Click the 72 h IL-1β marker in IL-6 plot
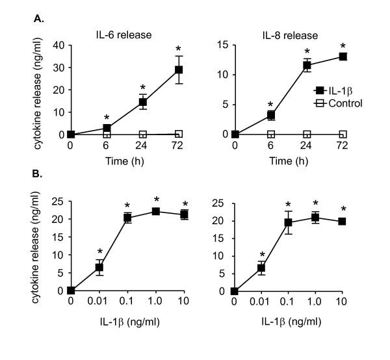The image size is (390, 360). (178, 70)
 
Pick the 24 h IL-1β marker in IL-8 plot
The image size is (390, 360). (307, 65)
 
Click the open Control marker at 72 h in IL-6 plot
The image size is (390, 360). (178, 134)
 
